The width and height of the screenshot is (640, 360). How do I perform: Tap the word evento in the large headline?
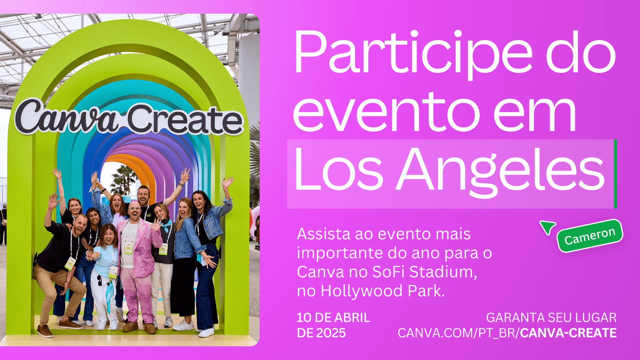(386, 113)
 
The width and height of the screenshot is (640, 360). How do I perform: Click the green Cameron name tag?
(590, 236)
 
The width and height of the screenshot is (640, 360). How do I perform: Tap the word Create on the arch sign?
(185, 120)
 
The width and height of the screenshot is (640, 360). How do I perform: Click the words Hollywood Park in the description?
(382, 291)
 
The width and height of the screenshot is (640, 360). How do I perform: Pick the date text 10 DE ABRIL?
(333, 318)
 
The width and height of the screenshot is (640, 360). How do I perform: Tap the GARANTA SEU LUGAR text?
(551, 318)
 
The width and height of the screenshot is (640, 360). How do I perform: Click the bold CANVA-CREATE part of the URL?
(568, 333)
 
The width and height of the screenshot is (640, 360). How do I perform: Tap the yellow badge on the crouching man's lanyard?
(70, 263)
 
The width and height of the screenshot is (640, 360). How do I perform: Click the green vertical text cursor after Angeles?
(616, 174)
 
